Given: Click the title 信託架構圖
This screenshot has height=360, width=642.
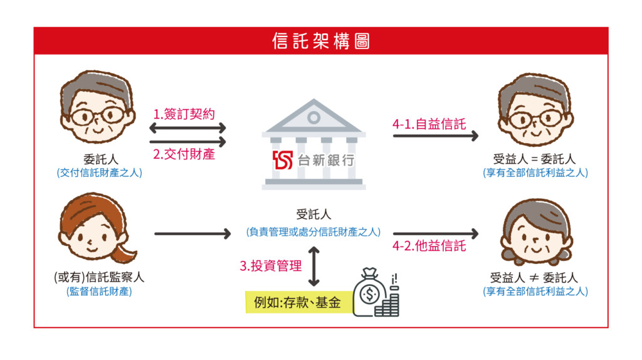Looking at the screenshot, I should point(321,41).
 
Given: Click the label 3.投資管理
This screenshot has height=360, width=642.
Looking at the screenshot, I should point(271,265).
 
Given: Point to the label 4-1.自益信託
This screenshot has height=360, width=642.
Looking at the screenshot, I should point(429,124).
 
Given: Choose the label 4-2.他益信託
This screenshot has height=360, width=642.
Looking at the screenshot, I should point(429,246).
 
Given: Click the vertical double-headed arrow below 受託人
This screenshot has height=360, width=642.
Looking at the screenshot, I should point(313,266).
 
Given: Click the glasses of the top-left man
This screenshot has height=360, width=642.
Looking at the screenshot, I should point(97,116).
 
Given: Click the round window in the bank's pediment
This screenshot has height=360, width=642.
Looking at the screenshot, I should point(313,117).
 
